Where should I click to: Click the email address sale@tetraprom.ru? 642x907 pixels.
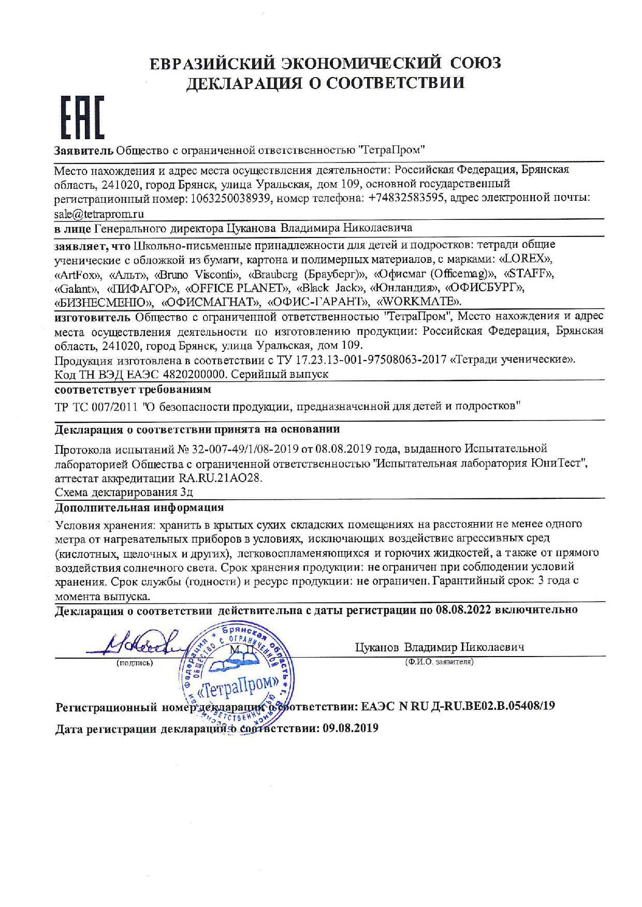pyautogui.click(x=99, y=213)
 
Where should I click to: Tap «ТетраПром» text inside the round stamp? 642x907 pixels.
pyautogui.click(x=238, y=687)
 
